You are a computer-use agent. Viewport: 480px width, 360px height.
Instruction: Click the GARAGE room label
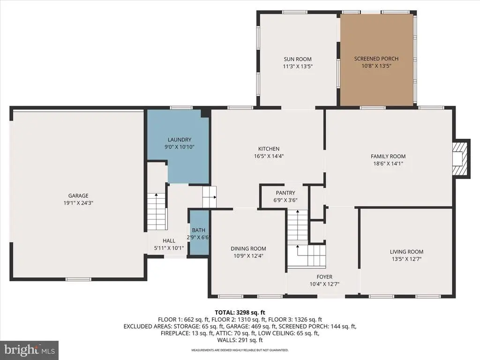78,195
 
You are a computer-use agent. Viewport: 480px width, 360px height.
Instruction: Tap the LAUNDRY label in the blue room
180,140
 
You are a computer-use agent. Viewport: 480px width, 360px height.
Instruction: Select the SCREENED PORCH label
376,59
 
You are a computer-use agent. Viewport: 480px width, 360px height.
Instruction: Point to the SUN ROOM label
298,59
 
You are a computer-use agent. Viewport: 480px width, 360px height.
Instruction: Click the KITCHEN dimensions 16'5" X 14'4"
269,156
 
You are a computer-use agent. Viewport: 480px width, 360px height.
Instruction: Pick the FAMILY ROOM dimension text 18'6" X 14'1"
388,164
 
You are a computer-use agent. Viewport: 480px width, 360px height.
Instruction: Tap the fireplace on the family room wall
461,158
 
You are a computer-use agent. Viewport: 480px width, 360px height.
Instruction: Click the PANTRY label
285,193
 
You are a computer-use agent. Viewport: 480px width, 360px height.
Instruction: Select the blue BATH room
199,232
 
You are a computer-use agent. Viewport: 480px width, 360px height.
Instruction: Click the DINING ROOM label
248,248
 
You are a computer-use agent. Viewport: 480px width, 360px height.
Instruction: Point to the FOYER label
324,277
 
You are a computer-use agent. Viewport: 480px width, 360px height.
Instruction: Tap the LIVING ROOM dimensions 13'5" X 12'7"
406,259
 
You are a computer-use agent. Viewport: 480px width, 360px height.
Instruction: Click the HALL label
169,240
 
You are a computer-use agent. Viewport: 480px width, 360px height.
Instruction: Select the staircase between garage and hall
157,211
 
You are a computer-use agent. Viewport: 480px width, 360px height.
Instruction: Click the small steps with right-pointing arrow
210,197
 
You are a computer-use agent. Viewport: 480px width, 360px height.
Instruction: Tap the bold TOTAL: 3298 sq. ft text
240,313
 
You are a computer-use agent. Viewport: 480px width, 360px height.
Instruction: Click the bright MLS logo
30,350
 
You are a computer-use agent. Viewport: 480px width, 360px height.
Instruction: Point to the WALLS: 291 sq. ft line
240,340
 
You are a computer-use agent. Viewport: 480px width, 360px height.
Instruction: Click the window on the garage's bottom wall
79,279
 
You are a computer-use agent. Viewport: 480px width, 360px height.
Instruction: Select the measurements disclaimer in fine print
240,350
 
